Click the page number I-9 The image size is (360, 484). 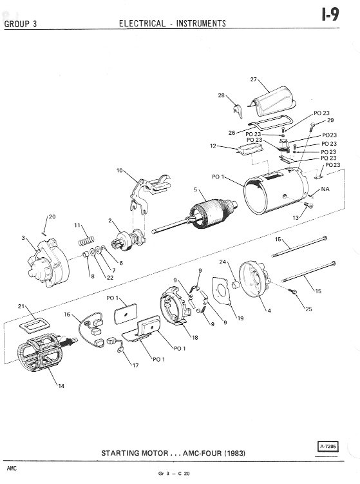click(330, 15)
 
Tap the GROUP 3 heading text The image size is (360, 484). click(21, 24)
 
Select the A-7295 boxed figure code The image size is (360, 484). click(328, 447)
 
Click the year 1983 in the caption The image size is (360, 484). click(234, 453)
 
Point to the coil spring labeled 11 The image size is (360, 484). click(86, 240)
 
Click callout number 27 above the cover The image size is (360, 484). click(253, 79)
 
